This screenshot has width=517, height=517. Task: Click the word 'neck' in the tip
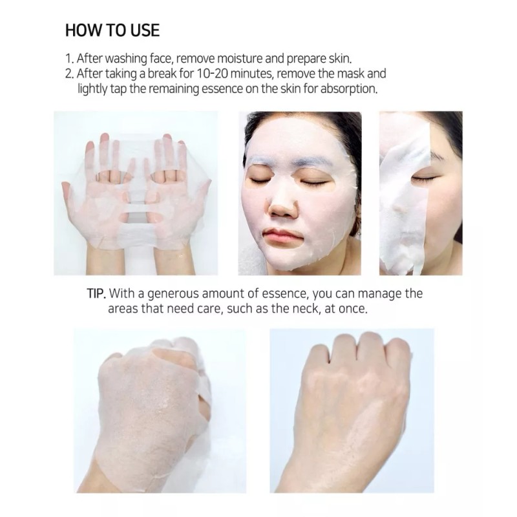coord(293,309)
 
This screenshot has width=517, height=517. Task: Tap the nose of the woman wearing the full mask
coord(280,206)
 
